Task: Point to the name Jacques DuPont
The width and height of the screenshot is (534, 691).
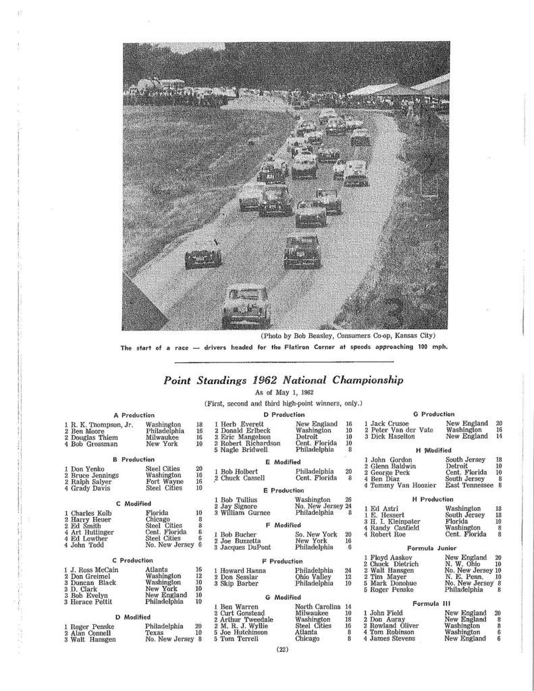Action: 245,548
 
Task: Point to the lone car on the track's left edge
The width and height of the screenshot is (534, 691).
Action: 203,255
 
